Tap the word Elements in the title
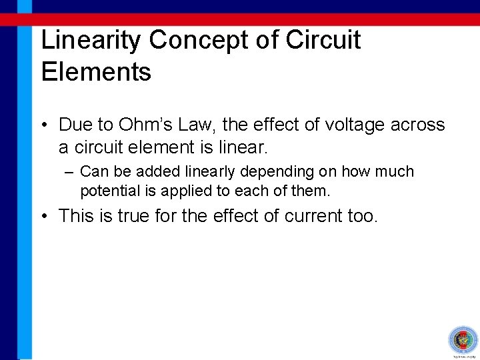coord(96,71)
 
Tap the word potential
coord(107,191)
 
